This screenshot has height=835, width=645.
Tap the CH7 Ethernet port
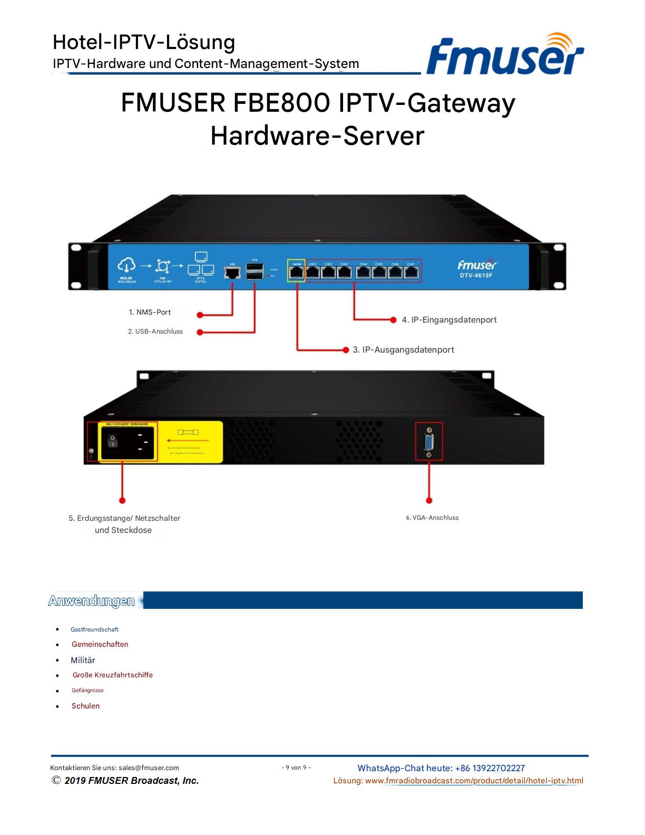(411, 273)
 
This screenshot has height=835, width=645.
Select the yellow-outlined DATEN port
(297, 272)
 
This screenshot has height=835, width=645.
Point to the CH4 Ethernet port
(363, 273)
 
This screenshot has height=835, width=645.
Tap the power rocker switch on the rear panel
(113, 441)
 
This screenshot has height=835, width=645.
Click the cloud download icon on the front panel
(126, 265)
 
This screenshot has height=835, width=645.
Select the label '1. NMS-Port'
(150, 312)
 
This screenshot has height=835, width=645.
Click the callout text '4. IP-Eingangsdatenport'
(449, 319)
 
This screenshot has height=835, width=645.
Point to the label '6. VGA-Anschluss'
(432, 518)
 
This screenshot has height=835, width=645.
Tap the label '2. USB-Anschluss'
(155, 332)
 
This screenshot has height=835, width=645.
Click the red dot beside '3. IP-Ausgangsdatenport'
(346, 349)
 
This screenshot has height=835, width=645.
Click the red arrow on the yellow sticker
(188, 440)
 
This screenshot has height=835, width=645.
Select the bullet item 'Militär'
(83, 660)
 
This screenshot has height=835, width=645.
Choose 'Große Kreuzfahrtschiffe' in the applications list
(113, 675)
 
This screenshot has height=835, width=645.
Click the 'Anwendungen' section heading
(91, 601)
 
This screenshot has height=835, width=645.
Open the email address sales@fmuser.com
(149, 768)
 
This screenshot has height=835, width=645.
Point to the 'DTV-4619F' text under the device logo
(476, 275)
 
